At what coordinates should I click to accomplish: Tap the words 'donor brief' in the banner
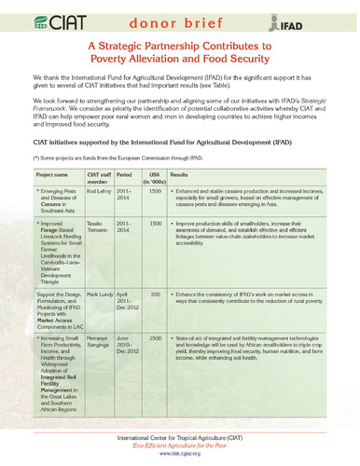[x=179, y=19]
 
